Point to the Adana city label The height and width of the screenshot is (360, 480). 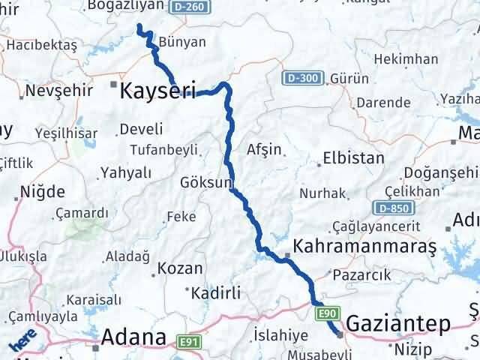[x=134, y=337]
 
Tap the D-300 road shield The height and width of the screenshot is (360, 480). [x=304, y=78]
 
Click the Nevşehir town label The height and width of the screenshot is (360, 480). [x=58, y=90]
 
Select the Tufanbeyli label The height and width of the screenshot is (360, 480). [x=164, y=148]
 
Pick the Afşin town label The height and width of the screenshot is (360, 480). [x=264, y=149]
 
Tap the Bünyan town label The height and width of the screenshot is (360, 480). [x=181, y=44]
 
